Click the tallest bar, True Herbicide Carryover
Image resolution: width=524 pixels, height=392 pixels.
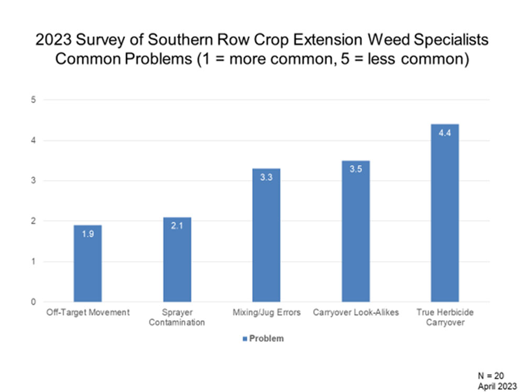445,215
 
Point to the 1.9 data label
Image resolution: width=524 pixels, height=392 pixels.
88,233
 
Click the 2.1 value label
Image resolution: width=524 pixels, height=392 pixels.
177,226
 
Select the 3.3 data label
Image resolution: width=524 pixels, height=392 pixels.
266,177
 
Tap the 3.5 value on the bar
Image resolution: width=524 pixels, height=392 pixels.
355,169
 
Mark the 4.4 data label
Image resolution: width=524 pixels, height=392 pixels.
445,132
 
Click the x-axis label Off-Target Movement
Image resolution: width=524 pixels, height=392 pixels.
88,312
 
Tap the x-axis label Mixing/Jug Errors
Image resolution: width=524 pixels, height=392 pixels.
266,312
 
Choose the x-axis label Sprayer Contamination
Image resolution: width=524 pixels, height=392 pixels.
177,317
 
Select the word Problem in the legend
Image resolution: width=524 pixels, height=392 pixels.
266,339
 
